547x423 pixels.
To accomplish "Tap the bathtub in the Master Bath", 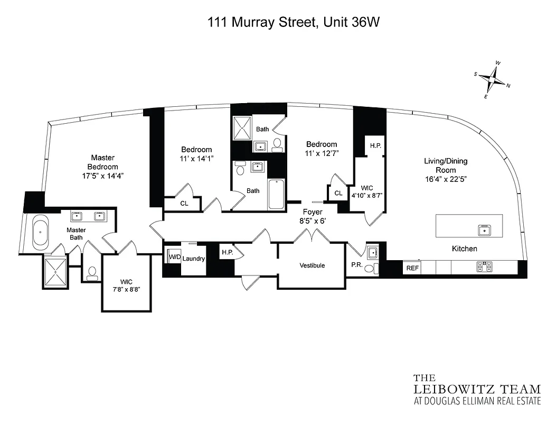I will point(40,233).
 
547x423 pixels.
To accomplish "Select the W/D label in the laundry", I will point(174,258).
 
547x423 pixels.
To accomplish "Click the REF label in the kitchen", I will point(412,268).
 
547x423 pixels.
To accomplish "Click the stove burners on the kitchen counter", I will point(484,267).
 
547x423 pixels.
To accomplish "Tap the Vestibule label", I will point(312,265).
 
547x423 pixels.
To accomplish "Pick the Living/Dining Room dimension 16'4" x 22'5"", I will point(446,179).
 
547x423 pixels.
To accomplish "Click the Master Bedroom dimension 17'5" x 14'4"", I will point(102,175).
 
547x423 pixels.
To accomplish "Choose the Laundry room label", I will point(194,259).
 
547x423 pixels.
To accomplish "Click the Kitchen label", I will point(464,249).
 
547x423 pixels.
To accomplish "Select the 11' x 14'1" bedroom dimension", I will point(197,158).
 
